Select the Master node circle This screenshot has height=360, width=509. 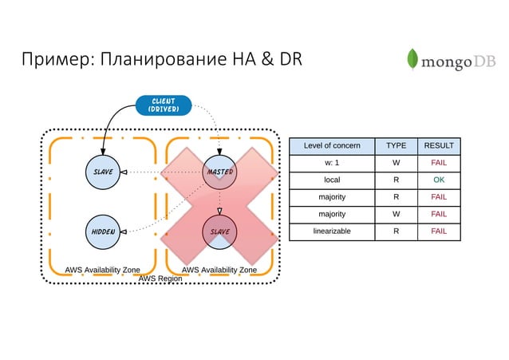click(x=219, y=172)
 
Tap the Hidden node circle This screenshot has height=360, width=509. click(x=104, y=231)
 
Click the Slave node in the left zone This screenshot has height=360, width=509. click(x=104, y=172)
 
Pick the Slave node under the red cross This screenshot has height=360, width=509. click(x=219, y=231)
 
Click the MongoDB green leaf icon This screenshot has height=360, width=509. click(x=412, y=61)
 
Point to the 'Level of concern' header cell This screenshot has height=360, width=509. click(x=332, y=145)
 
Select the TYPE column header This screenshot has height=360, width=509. click(x=396, y=145)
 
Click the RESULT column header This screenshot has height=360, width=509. click(x=439, y=145)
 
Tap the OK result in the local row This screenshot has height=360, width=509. click(x=439, y=180)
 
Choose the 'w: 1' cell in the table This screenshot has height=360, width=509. click(x=332, y=163)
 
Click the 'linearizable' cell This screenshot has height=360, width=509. click(x=332, y=231)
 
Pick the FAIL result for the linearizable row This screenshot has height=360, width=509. click(x=439, y=231)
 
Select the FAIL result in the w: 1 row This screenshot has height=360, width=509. click(x=439, y=163)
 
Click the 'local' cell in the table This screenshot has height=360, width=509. click(x=332, y=180)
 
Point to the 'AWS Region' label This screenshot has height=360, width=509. click(x=160, y=279)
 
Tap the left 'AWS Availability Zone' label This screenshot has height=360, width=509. click(x=102, y=270)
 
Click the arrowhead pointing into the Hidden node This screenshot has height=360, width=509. click(x=125, y=231)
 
